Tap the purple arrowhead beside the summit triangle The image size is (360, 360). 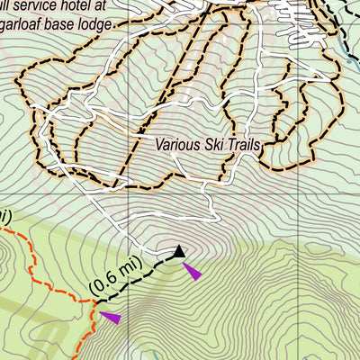click(x=192, y=270)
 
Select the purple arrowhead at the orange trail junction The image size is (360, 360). click(x=110, y=316)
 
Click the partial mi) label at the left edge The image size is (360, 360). click(x=4, y=216)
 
